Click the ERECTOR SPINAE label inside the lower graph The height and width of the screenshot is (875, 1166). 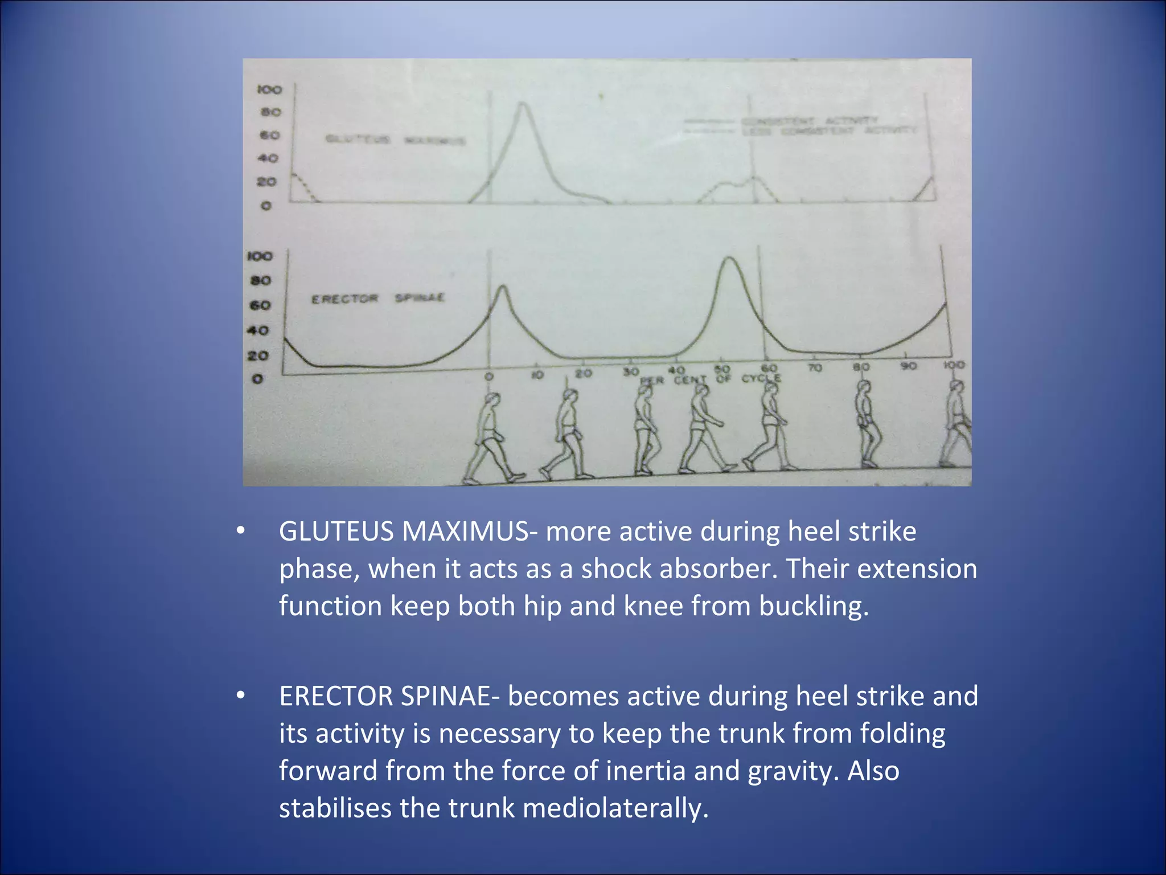pyautogui.click(x=377, y=299)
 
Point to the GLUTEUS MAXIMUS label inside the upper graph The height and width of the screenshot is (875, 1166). pyautogui.click(x=395, y=140)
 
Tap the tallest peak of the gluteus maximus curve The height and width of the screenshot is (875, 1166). pyautogui.click(x=522, y=104)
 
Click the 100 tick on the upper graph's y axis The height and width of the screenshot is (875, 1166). pyautogui.click(x=269, y=89)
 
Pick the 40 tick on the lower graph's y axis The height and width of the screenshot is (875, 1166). pyautogui.click(x=258, y=330)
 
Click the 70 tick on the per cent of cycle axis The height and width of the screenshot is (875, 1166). pyautogui.click(x=815, y=368)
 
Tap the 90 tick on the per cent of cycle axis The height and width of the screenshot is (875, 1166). pyautogui.click(x=909, y=366)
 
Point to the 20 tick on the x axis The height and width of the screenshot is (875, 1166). pyautogui.click(x=583, y=374)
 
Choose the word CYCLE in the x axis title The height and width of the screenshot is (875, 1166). pyautogui.click(x=761, y=378)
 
